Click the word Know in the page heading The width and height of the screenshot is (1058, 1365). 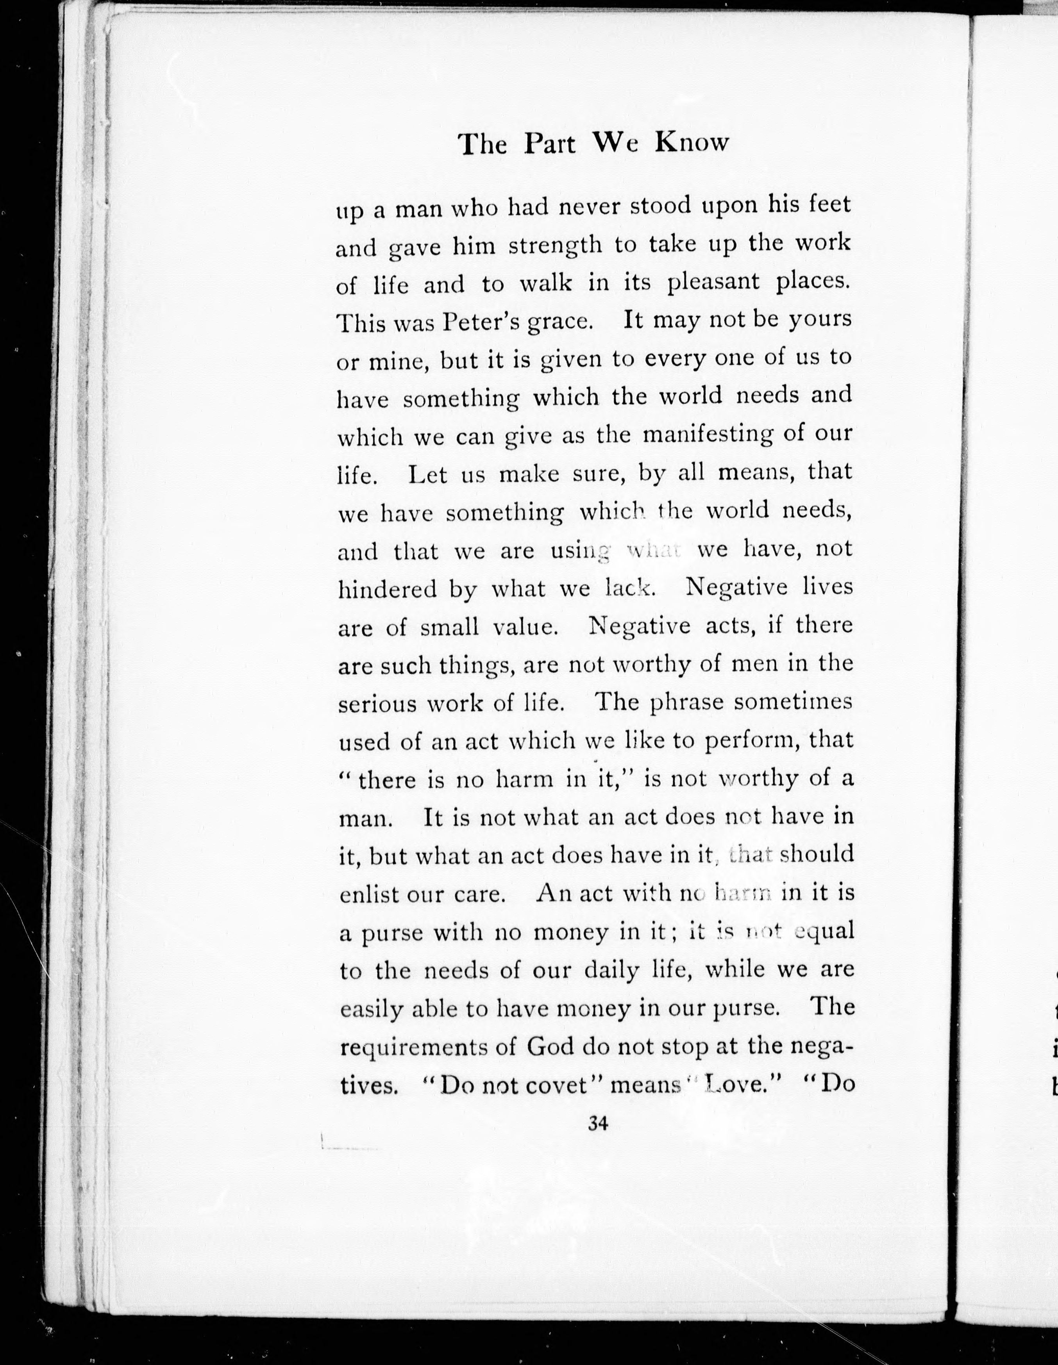pos(692,143)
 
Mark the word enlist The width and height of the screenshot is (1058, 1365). pos(368,895)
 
